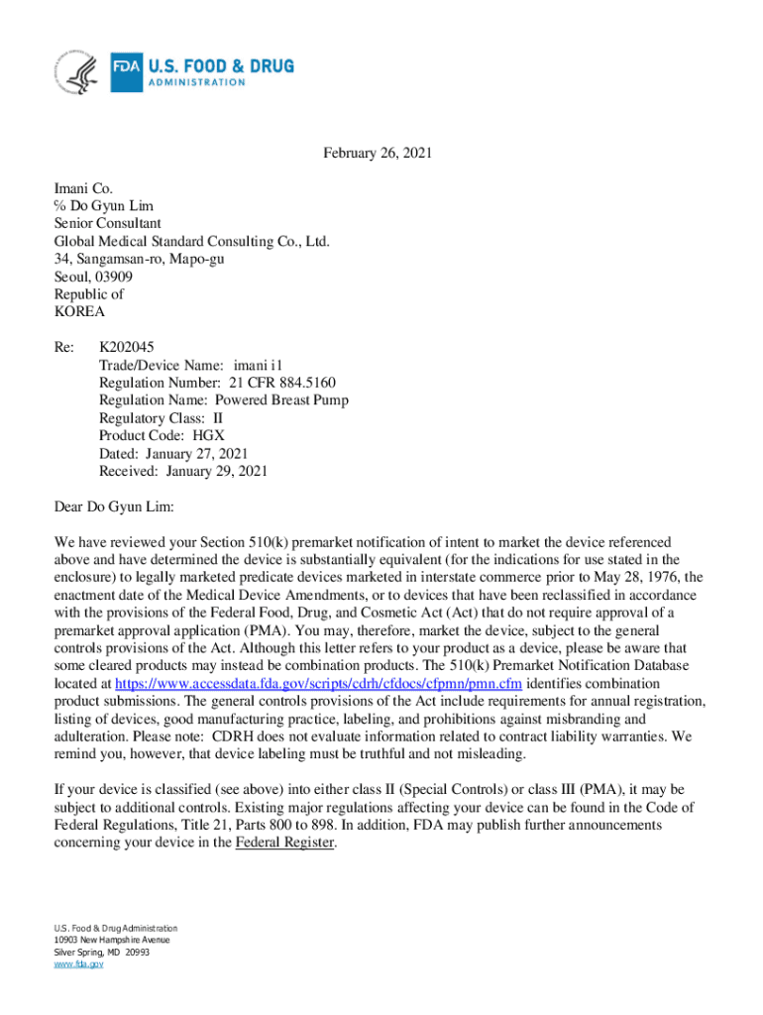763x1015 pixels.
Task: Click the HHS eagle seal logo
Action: [x=77, y=72]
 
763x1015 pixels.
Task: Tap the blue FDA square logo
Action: [x=126, y=72]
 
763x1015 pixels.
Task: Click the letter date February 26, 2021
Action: [x=378, y=154]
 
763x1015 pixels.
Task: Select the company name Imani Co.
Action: [x=83, y=188]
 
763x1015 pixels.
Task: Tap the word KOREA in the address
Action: [x=79, y=312]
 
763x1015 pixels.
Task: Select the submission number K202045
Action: [x=126, y=347]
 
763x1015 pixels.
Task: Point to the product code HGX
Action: [x=209, y=436]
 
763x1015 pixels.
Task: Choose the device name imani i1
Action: [x=266, y=365]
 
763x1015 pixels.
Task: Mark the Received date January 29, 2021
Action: [x=217, y=472]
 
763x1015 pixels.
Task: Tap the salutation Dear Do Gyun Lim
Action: [x=114, y=507]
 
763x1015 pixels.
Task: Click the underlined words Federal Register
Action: [x=285, y=843]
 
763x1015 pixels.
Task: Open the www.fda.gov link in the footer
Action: [x=78, y=963]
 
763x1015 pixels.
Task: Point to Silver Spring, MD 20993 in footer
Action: [x=101, y=952]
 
